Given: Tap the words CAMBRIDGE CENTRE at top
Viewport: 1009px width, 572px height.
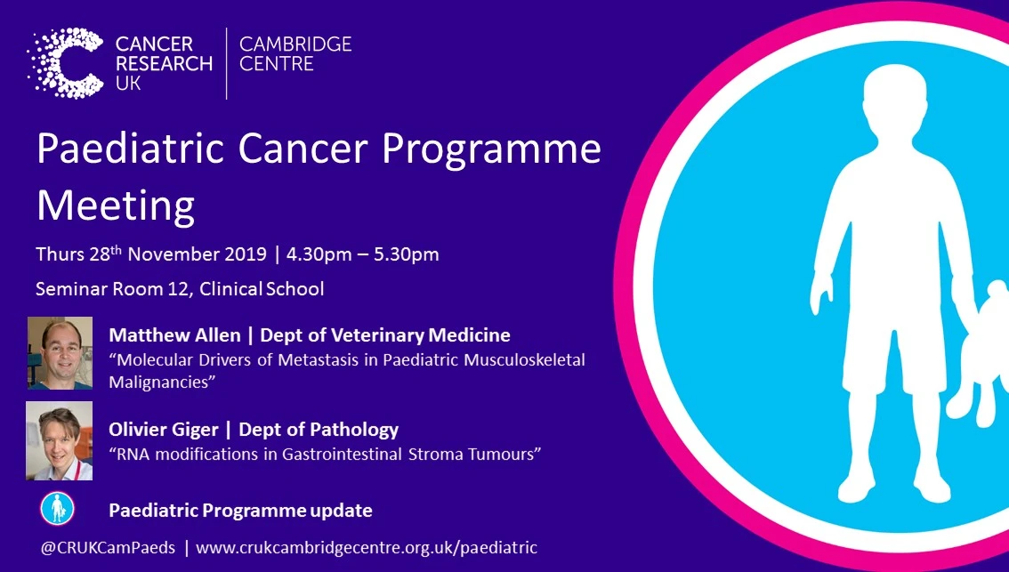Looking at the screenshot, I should [x=296, y=53].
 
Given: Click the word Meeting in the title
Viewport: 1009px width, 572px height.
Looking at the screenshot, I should [x=116, y=205].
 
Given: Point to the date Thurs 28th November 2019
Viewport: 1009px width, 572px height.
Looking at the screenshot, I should [x=150, y=254].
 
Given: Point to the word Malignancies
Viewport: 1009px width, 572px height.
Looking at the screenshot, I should [x=163, y=380].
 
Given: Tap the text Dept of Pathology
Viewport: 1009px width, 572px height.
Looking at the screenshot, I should [x=320, y=430].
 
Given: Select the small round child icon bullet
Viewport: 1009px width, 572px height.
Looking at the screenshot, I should [x=58, y=509].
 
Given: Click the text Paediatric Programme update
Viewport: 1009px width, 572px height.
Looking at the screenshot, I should [x=240, y=511].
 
